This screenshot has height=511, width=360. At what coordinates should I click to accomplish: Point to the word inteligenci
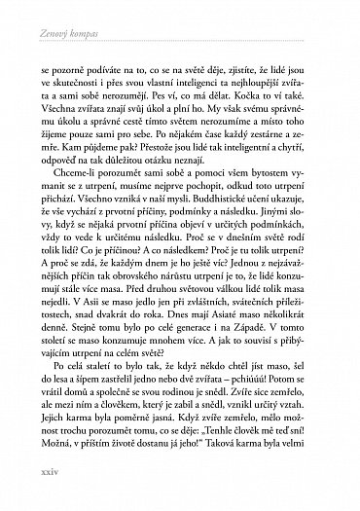(186, 84)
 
